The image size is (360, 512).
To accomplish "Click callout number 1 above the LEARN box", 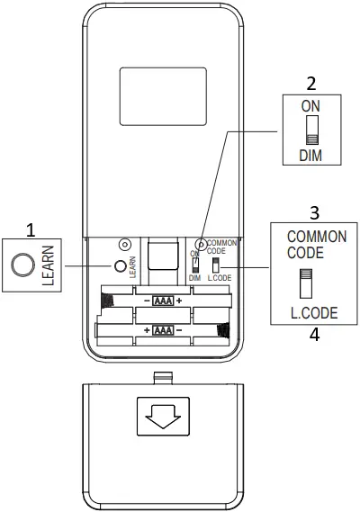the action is [31, 230].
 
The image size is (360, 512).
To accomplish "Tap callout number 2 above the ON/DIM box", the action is [311, 84].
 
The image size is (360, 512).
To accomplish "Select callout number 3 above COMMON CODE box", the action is [314, 212].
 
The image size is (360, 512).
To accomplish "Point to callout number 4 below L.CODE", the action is [314, 335].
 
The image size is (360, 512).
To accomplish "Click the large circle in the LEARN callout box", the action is [22, 265].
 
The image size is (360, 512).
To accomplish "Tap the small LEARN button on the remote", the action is [121, 266].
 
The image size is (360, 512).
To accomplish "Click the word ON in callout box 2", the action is [310, 106].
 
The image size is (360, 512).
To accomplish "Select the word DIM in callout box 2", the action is [310, 156].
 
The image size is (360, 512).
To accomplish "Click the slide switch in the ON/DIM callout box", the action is [312, 130].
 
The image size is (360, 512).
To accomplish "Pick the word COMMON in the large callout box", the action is [317, 237].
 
